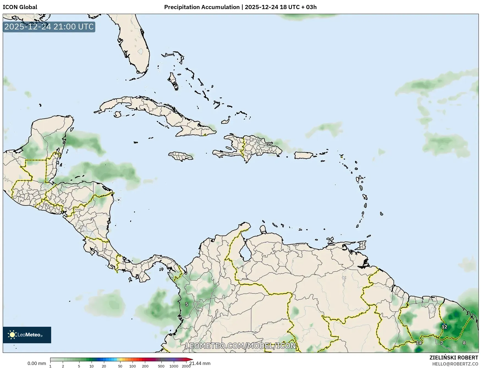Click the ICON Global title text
(20, 7)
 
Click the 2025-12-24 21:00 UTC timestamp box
(49, 27)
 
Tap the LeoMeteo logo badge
(27, 335)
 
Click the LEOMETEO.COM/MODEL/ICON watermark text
(241, 346)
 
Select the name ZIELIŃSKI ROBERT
(454, 358)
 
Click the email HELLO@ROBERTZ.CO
(455, 364)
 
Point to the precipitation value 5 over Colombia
(187, 304)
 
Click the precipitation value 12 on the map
(444, 327)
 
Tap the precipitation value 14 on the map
(419, 343)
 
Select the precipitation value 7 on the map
(442, 343)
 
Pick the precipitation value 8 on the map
(464, 343)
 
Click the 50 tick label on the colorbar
(120, 366)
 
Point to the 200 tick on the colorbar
(145, 366)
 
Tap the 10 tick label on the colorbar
(91, 366)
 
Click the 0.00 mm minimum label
(37, 363)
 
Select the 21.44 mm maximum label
(200, 363)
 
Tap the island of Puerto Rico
(304, 155)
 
